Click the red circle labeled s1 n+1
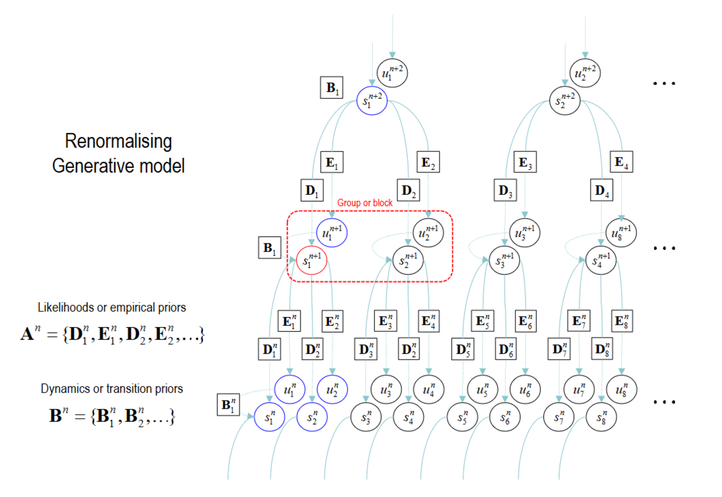coord(311,260)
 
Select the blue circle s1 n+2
coord(372,100)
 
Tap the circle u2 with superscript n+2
coord(585,73)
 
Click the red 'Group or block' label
coord(365,203)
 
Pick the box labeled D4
coord(601,191)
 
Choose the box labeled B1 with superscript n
coord(228,405)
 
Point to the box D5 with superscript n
coord(463,349)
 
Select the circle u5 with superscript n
coord(482,389)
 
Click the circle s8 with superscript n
coord(601,417)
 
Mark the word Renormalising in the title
coord(118,141)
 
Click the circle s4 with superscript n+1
coord(601,260)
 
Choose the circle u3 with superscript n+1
coord(524,233)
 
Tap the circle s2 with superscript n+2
coord(565,100)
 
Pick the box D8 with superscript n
coord(602,349)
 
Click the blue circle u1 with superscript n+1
coord(331,233)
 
